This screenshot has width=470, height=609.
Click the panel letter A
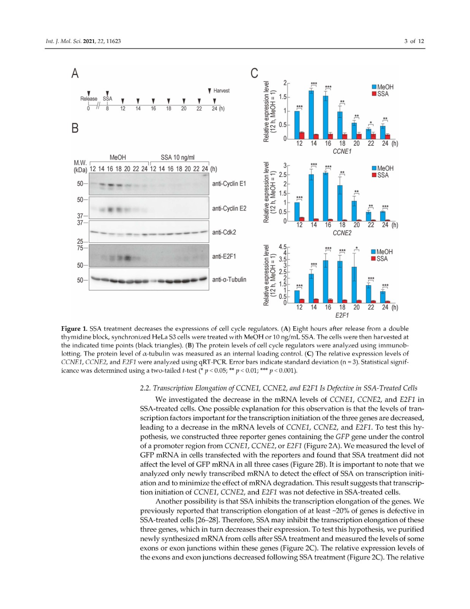75,73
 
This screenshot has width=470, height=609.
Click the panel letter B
75,128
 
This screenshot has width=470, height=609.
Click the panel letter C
254,73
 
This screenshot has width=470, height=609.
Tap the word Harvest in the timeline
221,91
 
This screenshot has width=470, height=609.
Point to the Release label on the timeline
89,99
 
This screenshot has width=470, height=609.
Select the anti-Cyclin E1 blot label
229,183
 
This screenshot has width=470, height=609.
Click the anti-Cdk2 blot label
224,232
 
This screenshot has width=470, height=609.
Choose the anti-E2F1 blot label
224,257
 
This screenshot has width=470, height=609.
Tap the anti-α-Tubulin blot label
229,279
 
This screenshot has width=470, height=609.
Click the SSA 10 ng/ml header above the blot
177,157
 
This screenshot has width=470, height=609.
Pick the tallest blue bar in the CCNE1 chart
311,115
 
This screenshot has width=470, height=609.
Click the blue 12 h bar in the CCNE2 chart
297,211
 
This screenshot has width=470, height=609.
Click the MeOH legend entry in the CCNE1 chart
383,87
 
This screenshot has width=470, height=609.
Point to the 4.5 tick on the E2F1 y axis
283,247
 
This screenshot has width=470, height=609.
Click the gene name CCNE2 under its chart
342,233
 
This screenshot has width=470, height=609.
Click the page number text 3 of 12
414,41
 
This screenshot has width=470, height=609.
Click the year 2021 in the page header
89,41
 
